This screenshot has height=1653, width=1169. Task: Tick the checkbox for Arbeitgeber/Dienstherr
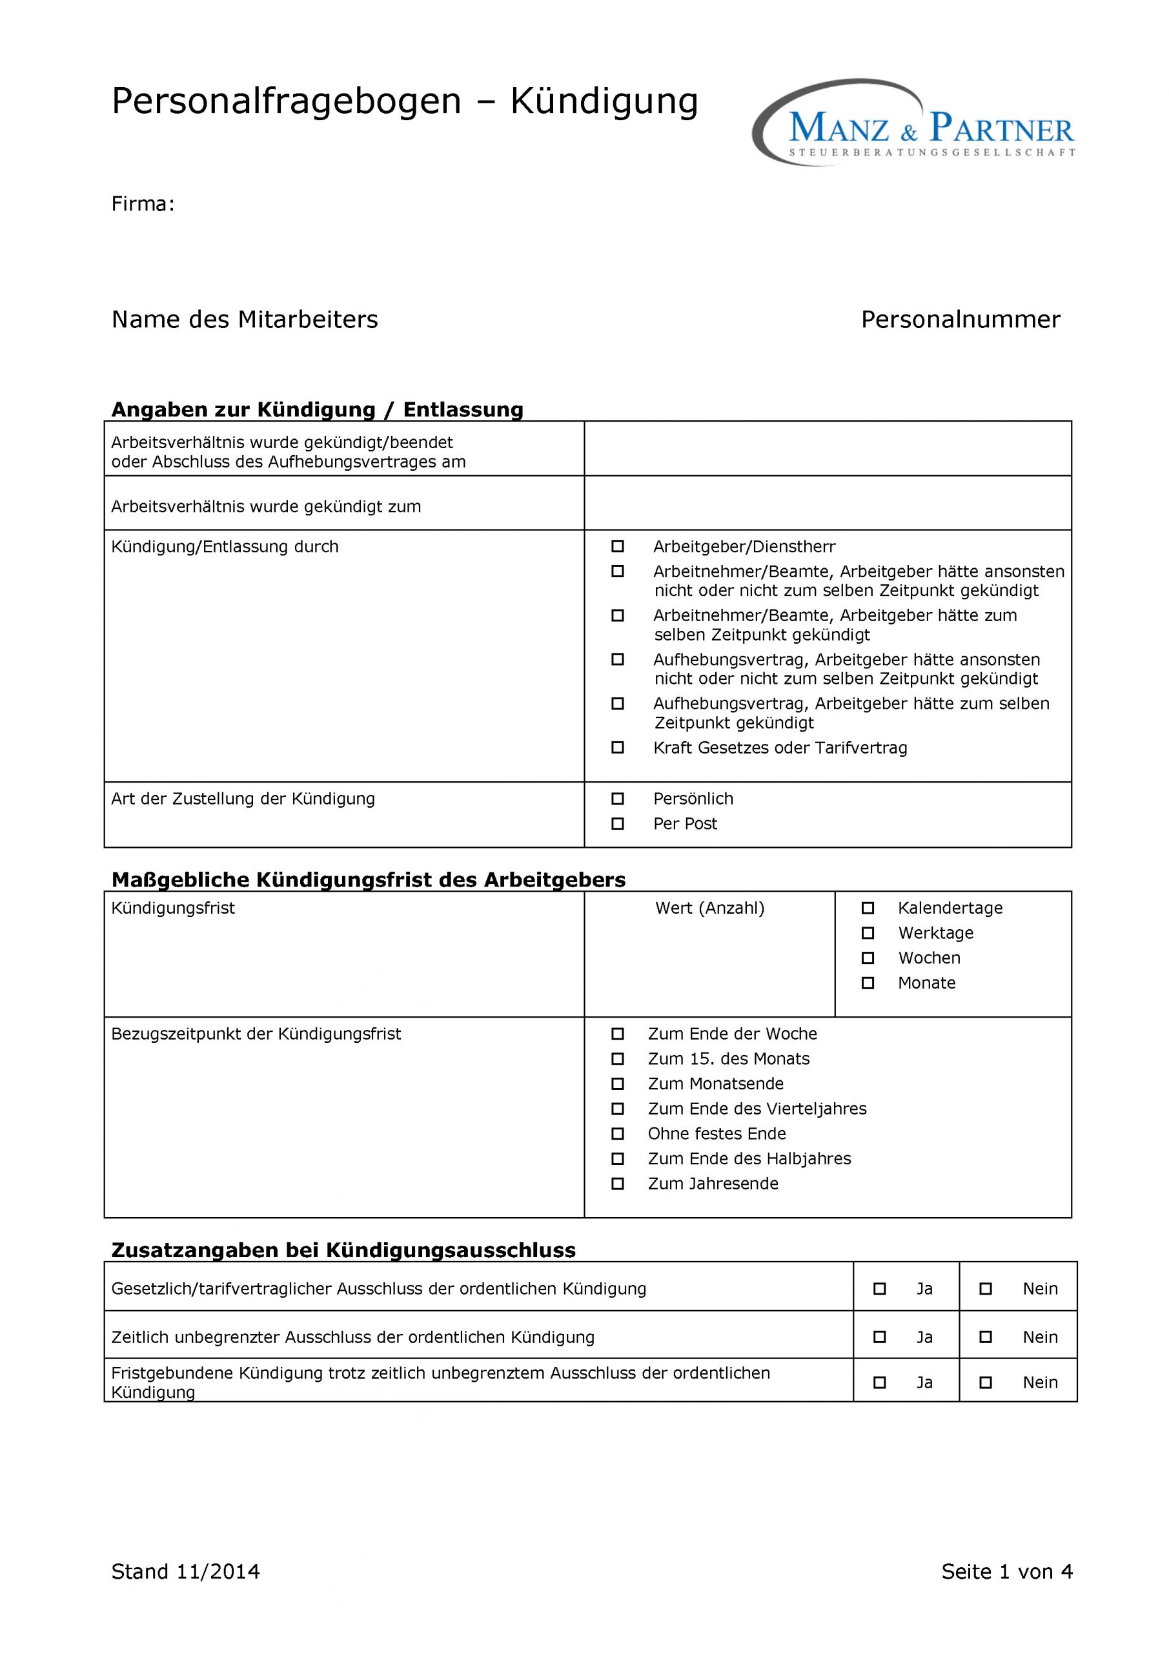coord(618,546)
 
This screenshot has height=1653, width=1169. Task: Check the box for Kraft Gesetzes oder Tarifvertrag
coord(618,747)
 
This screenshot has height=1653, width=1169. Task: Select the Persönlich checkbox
coord(618,799)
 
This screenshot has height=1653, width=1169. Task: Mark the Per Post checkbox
coord(618,824)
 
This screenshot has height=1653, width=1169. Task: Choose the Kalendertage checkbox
coord(868,908)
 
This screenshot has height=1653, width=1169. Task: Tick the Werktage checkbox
coord(868,933)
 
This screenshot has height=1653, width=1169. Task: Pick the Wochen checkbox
coord(868,958)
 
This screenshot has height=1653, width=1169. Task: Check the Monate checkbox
coord(868,983)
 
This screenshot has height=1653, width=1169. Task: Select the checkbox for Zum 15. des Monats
coord(618,1058)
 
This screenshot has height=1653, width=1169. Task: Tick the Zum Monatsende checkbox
coord(618,1083)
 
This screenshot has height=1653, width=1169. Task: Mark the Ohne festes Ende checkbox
coord(618,1134)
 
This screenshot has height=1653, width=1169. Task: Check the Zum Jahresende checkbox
coord(618,1184)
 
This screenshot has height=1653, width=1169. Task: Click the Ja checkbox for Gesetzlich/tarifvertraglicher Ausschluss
coord(880,1289)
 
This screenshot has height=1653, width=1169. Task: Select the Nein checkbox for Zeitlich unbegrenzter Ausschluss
coord(986,1337)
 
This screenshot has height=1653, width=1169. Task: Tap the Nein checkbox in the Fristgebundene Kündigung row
coord(986,1382)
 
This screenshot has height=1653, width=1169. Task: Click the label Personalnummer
coord(961,320)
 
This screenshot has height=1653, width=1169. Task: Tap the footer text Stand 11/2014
coord(186,1572)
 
